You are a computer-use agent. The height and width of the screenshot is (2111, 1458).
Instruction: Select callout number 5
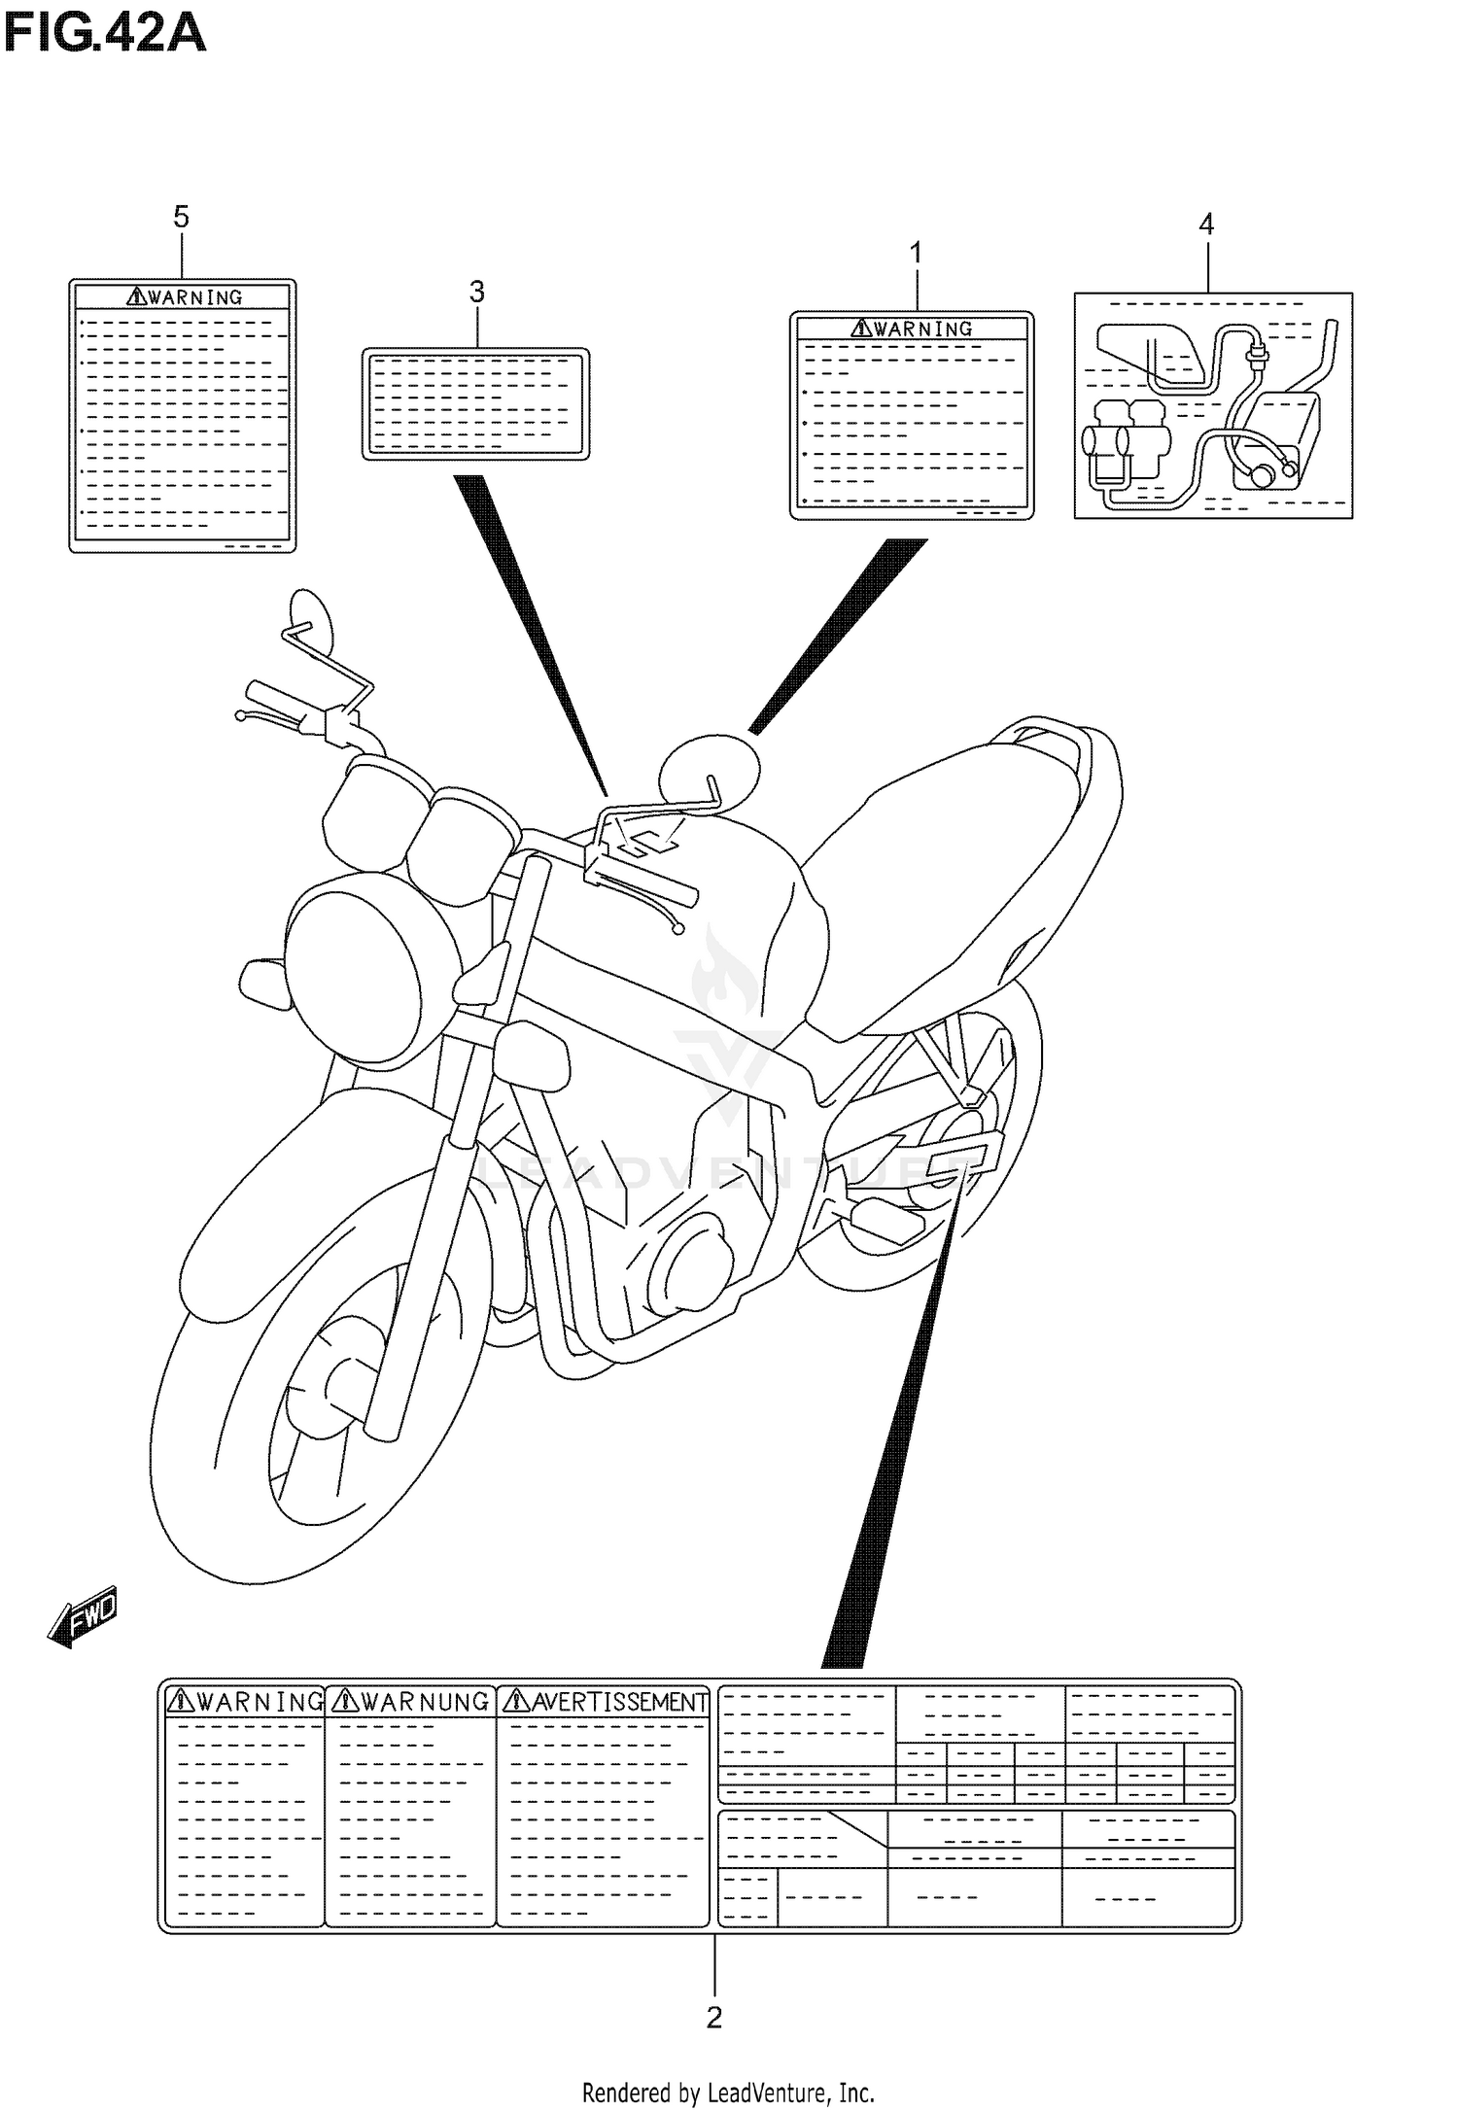pyautogui.click(x=181, y=217)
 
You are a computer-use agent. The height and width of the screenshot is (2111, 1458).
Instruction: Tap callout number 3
pyautogui.click(x=476, y=291)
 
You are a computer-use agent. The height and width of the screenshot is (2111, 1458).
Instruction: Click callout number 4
pyautogui.click(x=1205, y=225)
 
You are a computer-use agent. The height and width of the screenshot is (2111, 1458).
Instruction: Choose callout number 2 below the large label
pyautogui.click(x=713, y=2019)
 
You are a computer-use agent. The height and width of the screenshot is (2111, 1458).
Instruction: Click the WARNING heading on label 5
pyautogui.click(x=184, y=297)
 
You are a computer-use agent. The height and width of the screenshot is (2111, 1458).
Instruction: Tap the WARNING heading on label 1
pyautogui.click(x=912, y=329)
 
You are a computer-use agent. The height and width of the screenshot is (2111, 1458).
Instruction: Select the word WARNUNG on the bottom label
pyautogui.click(x=410, y=1701)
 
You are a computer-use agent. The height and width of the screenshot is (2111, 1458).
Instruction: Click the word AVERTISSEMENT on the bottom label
pyautogui.click(x=605, y=1702)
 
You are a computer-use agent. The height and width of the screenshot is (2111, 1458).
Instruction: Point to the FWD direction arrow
pyautogui.click(x=83, y=1617)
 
